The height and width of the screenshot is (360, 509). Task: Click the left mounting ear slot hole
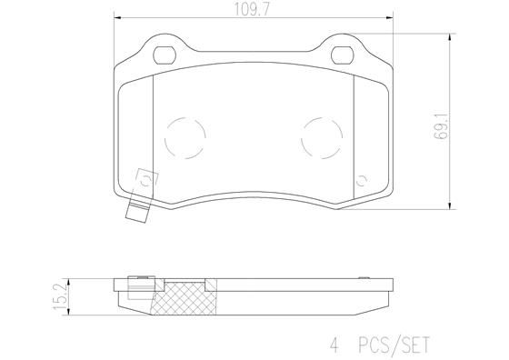click(x=166, y=53)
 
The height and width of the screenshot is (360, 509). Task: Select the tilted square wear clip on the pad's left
click(x=143, y=180)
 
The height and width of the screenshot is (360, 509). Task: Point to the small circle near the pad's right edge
click(x=363, y=179)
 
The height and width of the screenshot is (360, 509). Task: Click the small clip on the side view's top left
click(x=143, y=275)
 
